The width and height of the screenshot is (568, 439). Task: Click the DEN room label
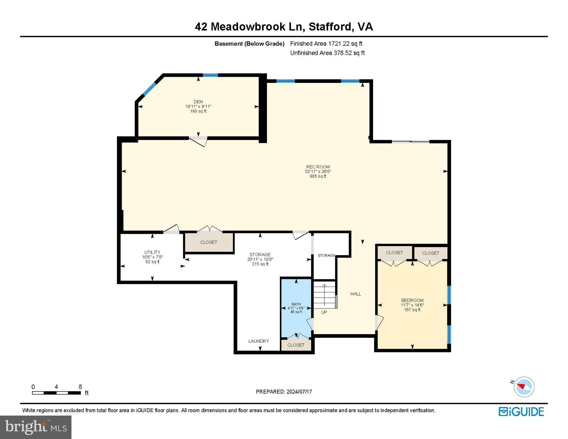198,102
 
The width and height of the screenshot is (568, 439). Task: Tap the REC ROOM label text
318,167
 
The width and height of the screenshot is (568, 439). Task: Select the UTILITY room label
152,252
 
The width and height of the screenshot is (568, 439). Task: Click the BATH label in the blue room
296,304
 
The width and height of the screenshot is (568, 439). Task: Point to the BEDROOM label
412,300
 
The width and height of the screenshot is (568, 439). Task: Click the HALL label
356,294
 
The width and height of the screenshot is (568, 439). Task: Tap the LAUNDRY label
258,341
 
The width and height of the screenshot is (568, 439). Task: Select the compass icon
524,387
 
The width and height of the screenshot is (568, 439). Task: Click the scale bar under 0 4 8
56,393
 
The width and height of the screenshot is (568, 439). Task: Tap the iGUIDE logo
521,412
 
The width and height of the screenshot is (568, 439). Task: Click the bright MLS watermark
36,427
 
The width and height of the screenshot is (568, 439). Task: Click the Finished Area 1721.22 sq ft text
326,44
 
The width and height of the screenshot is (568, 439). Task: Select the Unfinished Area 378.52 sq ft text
327,53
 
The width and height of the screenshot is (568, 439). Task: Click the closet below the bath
296,345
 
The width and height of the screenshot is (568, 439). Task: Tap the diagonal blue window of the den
150,89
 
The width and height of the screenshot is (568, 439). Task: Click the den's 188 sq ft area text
198,111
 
